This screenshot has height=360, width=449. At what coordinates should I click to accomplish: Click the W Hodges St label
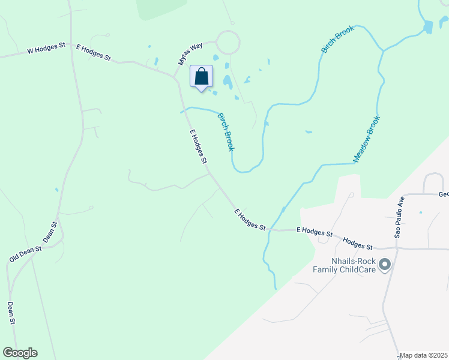(46, 51)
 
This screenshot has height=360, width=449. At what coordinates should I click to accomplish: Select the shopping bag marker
(202, 77)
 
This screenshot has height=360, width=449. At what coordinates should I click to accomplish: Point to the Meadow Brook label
(367, 139)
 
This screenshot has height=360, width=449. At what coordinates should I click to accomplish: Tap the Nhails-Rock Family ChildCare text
(345, 266)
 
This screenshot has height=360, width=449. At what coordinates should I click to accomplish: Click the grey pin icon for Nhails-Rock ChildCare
(385, 263)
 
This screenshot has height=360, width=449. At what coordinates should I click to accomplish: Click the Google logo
(20, 353)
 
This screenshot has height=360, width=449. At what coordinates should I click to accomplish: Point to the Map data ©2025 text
(423, 355)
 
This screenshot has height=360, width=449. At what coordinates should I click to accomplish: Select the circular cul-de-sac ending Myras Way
(228, 43)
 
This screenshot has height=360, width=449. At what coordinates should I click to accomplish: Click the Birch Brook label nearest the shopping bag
(225, 131)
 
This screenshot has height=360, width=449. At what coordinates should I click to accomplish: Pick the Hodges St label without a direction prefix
(357, 243)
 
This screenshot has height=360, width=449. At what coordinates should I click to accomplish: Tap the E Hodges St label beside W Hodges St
(93, 52)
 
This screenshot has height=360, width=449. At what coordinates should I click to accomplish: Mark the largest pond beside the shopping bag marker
(228, 82)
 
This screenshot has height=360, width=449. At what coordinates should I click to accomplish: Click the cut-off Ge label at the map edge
(444, 194)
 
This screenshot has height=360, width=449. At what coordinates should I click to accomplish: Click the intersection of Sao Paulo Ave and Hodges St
(396, 248)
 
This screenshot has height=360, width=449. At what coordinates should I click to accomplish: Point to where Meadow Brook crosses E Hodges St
(268, 230)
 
